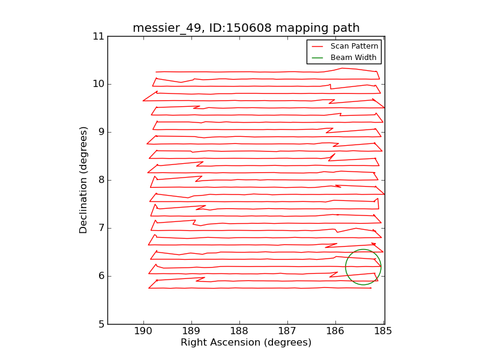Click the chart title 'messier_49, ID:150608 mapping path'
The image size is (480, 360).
246,28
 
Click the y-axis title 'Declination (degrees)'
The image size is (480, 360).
84,180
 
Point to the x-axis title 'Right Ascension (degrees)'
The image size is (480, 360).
246,343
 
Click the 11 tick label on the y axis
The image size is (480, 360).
98,36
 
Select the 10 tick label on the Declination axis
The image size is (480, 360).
98,84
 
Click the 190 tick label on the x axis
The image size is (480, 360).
143,331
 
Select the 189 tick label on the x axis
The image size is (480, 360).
191,331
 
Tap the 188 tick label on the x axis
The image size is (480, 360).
239,331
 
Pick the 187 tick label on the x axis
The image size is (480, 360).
287,331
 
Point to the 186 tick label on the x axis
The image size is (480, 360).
335,331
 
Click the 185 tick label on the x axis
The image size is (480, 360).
383,331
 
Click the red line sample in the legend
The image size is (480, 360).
318,46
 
